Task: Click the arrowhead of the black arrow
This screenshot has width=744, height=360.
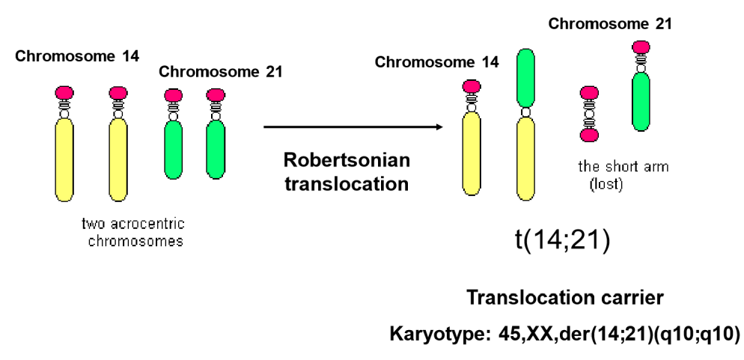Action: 441,126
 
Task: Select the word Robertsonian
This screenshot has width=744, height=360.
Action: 347,161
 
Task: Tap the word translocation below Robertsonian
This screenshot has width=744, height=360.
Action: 347,183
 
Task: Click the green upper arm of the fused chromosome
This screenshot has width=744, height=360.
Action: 525,76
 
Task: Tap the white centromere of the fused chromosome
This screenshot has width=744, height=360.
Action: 525,112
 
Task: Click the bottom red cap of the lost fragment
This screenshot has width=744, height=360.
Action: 589,135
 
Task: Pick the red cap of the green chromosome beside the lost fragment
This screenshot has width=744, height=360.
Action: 641,47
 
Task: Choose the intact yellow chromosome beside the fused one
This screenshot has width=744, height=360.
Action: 472,153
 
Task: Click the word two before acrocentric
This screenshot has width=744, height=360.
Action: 94,225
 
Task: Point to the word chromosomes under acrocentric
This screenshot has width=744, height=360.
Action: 135,241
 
